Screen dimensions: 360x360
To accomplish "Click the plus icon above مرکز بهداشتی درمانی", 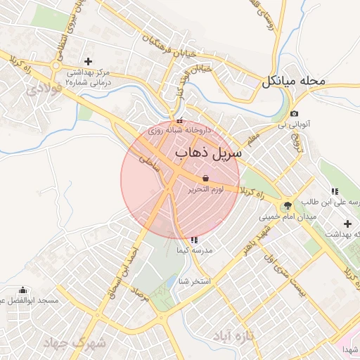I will (88, 61).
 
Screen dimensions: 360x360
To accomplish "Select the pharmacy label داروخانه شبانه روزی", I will (184, 131).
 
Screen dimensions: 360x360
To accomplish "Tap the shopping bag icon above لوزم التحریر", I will (205, 178).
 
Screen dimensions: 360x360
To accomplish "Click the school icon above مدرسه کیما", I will (194, 240).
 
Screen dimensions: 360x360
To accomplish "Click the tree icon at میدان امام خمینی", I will (286, 205).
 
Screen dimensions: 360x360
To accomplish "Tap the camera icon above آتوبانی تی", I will (293, 114).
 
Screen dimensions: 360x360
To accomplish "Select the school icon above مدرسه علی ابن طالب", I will (335, 191).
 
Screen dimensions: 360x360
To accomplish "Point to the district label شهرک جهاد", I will (73, 344).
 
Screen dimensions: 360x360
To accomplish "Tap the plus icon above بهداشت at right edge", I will (347, 223).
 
